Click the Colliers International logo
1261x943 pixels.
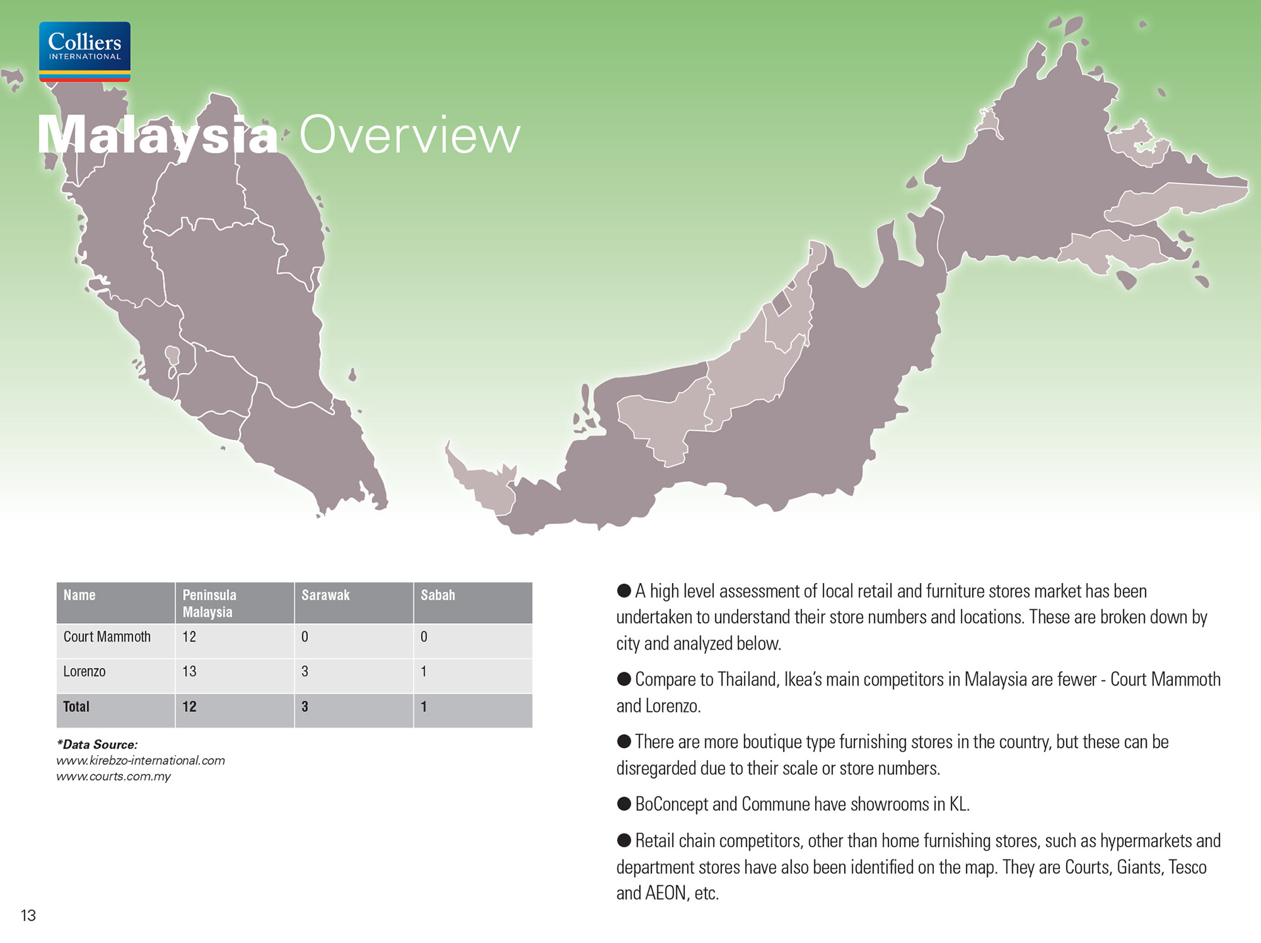point(85,51)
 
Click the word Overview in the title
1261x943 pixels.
point(410,135)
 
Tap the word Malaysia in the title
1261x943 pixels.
point(158,135)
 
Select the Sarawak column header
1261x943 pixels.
point(325,595)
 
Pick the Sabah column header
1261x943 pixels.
point(437,595)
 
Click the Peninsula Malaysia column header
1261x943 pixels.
point(209,603)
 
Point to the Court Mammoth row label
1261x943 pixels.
point(107,636)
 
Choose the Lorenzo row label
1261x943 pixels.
point(84,671)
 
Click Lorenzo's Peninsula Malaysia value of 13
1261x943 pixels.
point(189,671)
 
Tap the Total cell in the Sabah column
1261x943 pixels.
point(424,707)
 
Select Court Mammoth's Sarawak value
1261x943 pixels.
point(305,636)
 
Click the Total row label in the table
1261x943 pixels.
point(76,707)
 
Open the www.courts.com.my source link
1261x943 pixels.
point(113,776)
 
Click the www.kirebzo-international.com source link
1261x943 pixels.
point(141,760)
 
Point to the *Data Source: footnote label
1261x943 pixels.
point(97,744)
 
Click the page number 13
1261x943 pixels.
point(28,915)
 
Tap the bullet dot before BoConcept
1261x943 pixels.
point(624,803)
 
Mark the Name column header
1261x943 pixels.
point(79,595)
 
